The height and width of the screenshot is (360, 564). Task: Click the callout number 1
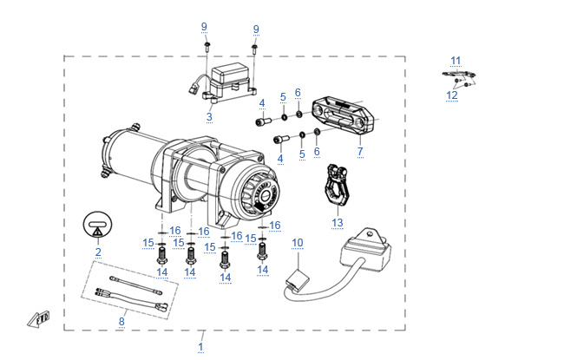coord(200,347)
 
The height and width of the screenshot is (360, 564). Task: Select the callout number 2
coord(98,252)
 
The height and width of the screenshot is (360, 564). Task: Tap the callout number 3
coord(209,116)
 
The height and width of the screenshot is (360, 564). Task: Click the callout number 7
coord(360,152)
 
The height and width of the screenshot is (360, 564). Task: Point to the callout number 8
coord(121,322)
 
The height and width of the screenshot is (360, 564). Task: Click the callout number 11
coord(456,60)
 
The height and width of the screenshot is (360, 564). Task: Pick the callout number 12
coord(452,95)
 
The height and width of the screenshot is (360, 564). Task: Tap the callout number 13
coord(338,223)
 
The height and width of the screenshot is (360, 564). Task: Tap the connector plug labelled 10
coord(297,279)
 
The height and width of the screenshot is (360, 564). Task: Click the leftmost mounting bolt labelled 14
coord(162,255)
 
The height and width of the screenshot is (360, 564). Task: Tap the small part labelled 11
coord(458,74)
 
